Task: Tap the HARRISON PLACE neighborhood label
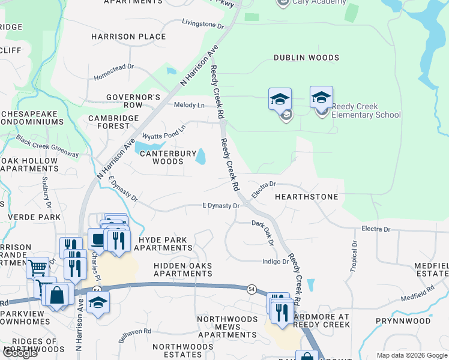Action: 128,37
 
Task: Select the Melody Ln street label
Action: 189,105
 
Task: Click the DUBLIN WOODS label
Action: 306,58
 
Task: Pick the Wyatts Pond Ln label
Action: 164,131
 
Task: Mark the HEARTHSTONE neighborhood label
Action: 306,197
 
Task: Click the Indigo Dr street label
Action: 276,261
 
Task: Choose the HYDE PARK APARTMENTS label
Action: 165,243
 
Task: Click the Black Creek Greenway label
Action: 48,146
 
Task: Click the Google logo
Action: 20,352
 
